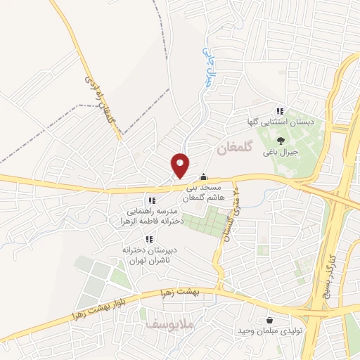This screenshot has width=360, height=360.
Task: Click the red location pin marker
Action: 181,165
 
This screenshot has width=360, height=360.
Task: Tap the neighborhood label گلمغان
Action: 229,148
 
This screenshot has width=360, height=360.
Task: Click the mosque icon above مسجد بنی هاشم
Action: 204,178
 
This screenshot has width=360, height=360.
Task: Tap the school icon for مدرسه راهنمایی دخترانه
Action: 151,200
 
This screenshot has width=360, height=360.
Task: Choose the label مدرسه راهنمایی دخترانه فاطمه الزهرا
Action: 155,215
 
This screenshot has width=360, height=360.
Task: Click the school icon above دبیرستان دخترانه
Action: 148,240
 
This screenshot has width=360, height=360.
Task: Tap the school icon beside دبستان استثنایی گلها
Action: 280,111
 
